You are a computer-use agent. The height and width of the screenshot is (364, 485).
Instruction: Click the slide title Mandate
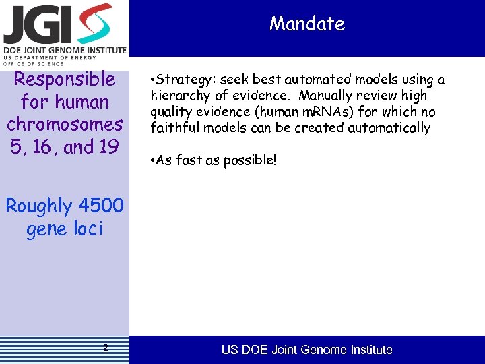coord(306,24)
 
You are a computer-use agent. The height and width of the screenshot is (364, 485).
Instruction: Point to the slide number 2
coord(106,348)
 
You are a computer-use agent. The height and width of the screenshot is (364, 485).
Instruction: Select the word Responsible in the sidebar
coord(65,80)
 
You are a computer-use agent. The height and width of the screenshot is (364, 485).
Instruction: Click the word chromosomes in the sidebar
coord(65,125)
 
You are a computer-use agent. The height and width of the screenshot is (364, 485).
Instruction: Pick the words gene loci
coord(65,229)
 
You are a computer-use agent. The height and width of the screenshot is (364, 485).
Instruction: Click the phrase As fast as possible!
coord(216,162)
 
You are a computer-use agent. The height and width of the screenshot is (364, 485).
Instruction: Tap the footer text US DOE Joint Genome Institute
coord(307,350)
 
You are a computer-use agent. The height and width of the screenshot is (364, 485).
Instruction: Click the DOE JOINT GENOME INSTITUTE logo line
coord(64,50)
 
